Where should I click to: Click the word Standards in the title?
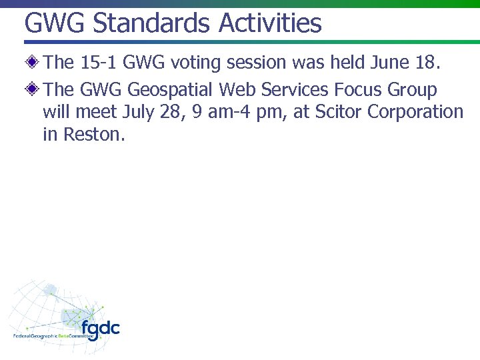tap(151, 23)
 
